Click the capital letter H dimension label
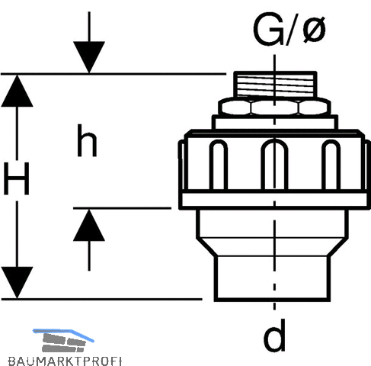[x=17, y=178]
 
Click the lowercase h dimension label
[x=87, y=140]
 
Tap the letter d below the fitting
[x=274, y=335]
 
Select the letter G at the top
[x=269, y=29]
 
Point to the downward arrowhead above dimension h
[x=89, y=57]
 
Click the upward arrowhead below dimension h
[x=89, y=225]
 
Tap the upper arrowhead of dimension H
[x=17, y=91]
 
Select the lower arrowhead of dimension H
[x=17, y=282]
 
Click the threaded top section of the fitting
[x=275, y=84]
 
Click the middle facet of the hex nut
[x=274, y=108]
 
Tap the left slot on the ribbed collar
[x=219, y=165]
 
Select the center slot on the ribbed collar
[x=274, y=165]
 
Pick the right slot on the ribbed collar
[x=331, y=165]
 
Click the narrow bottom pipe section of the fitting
[x=273, y=278]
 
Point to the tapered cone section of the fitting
[x=273, y=247]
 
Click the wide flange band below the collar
[x=274, y=200]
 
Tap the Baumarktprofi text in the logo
[x=65, y=361]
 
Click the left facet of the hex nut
[x=235, y=108]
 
